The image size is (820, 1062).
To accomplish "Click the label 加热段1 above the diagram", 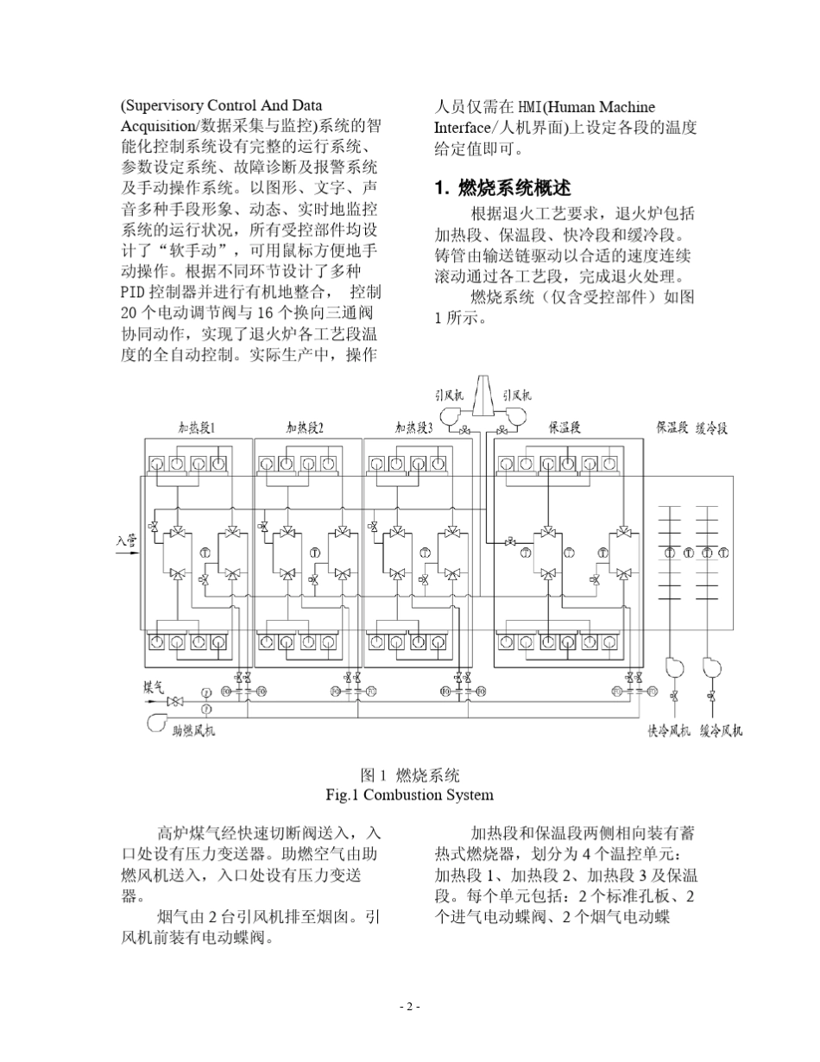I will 197,427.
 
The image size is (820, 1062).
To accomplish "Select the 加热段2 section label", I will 306,427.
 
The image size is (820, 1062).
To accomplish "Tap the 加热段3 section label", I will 413,427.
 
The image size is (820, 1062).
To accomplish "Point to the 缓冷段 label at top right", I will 712,427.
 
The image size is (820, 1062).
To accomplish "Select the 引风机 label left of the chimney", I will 449,395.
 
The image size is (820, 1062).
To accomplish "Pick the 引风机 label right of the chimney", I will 517,395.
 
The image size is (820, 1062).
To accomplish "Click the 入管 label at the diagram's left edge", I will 126,541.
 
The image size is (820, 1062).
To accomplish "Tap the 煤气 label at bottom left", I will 154,687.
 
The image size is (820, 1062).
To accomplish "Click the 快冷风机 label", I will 669,732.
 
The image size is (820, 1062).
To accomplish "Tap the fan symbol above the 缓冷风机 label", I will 710,667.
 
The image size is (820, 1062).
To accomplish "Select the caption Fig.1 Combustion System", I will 409,794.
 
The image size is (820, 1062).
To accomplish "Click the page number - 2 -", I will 409,1006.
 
